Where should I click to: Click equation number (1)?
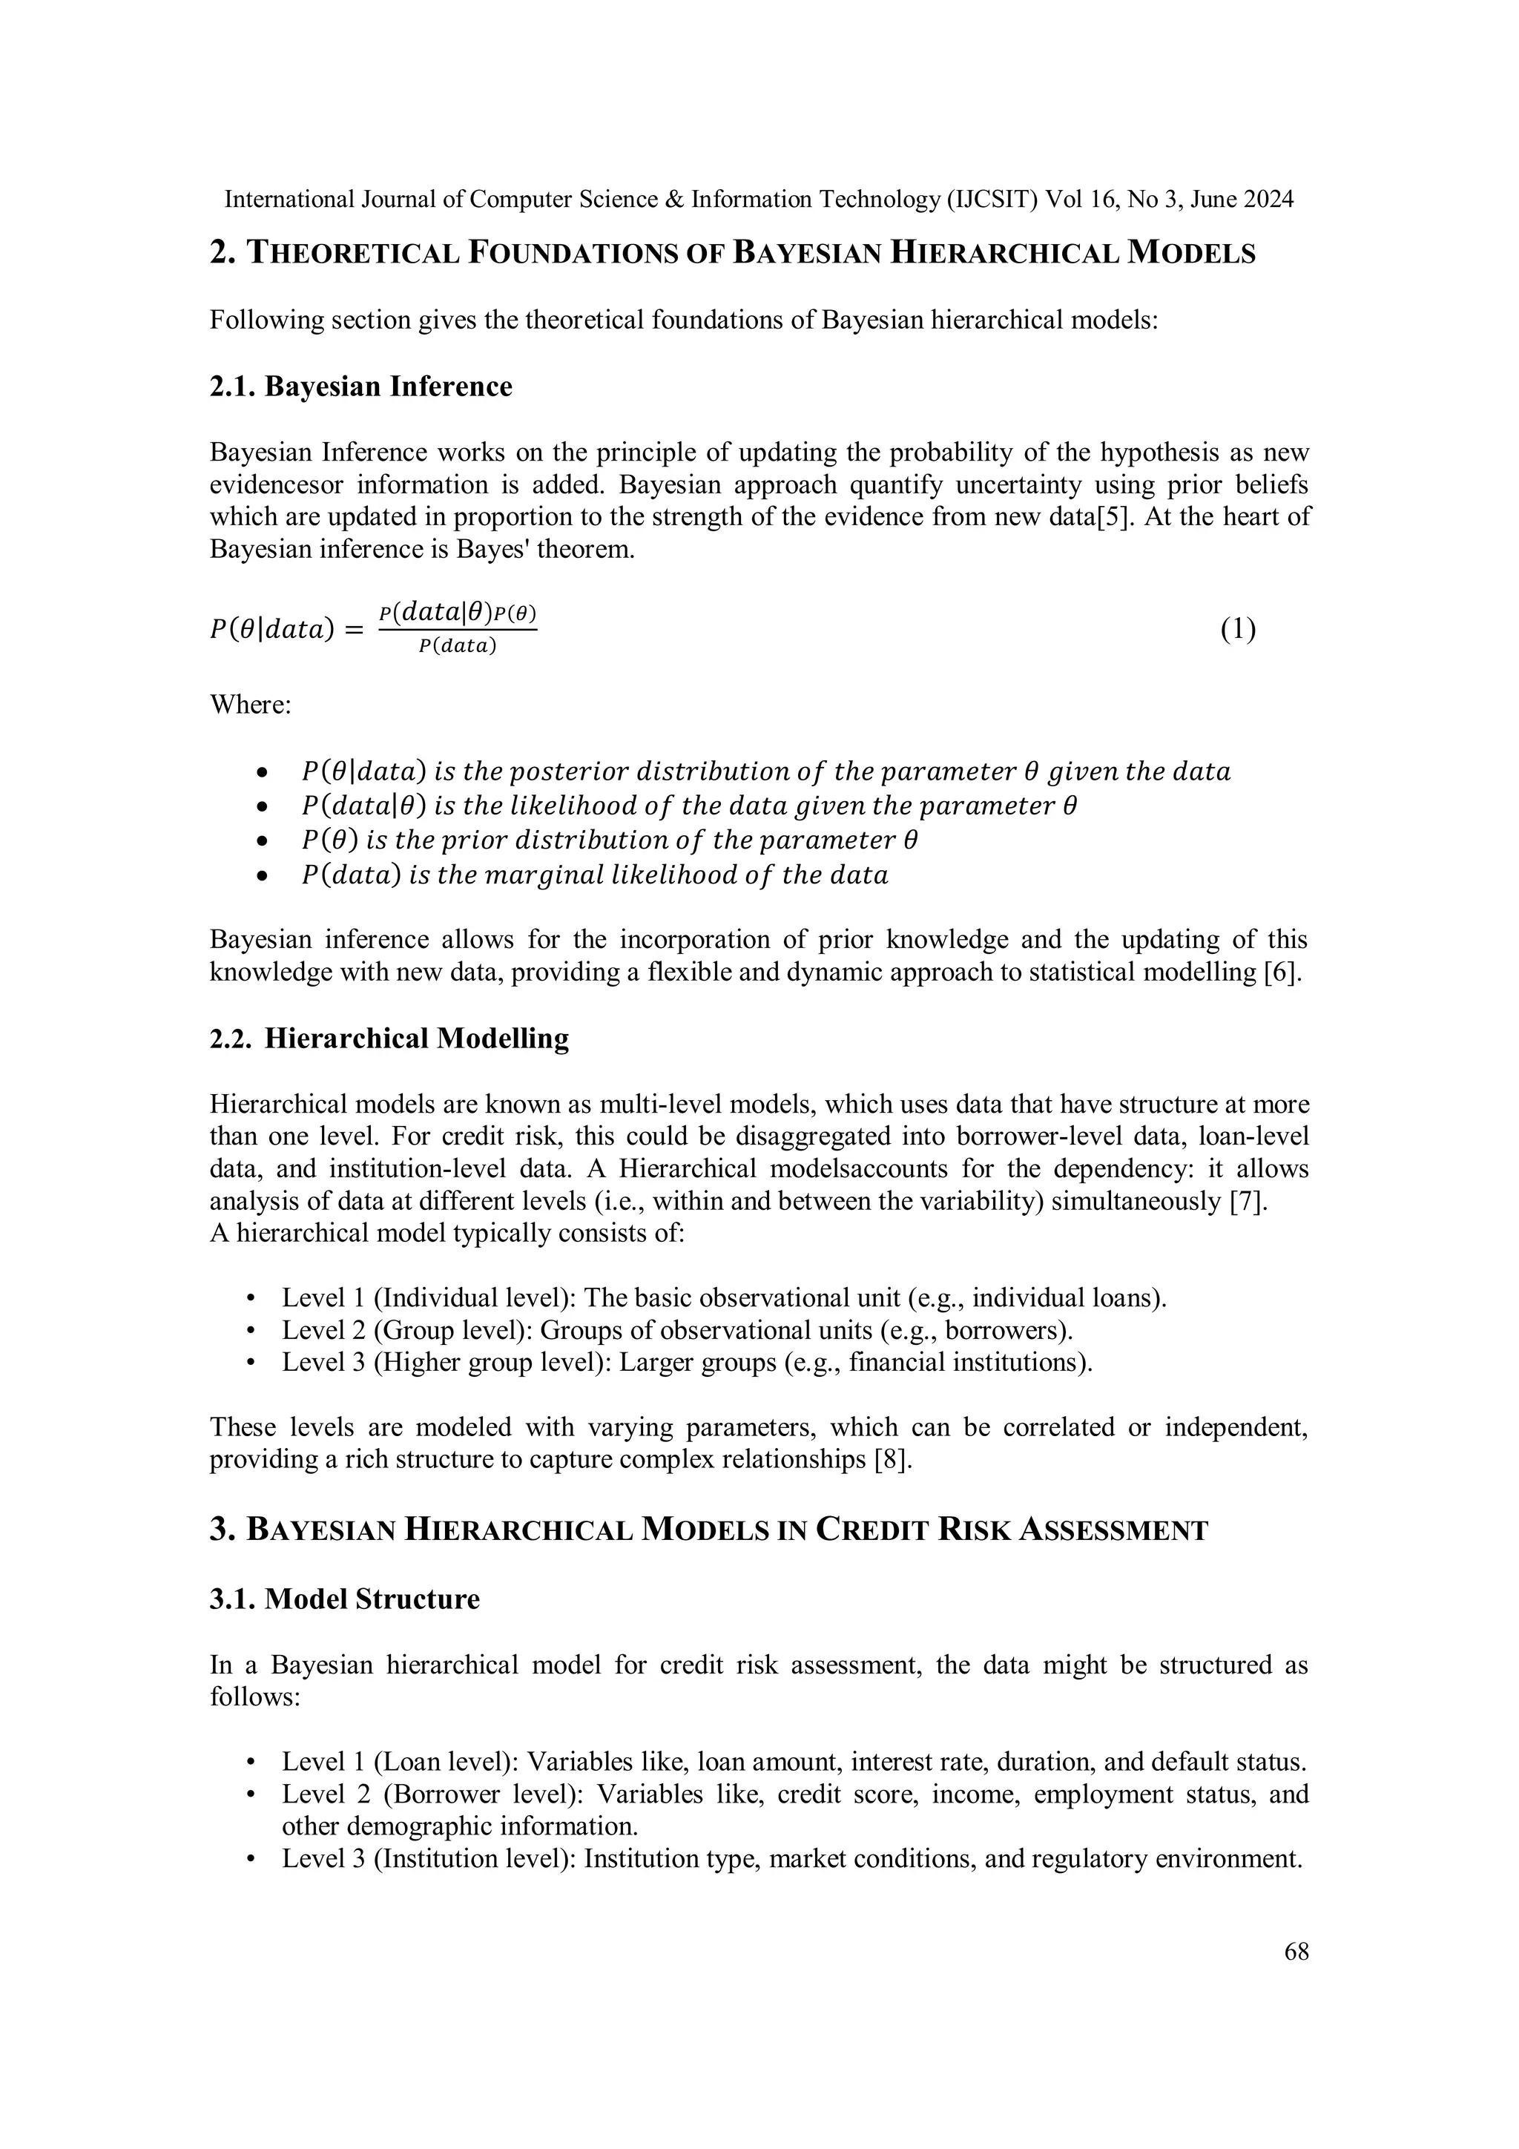1237,630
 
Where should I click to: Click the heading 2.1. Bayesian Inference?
360,386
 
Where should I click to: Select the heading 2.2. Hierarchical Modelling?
389,1039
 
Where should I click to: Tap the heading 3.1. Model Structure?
344,1599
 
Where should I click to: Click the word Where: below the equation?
250,704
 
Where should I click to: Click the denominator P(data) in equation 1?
457,647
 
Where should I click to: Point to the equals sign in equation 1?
353,631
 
